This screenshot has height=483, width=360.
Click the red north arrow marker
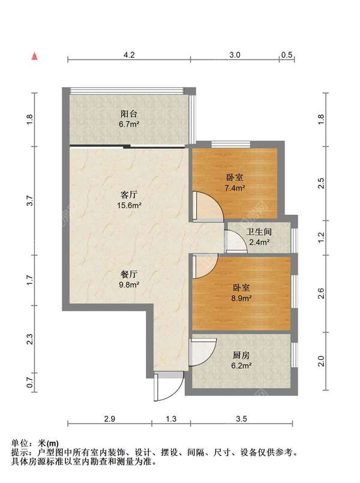click(x=35, y=56)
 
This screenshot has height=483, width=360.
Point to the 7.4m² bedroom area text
click(x=235, y=188)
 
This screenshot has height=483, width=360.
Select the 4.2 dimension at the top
click(x=129, y=55)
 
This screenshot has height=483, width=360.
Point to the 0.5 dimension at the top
click(x=287, y=55)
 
